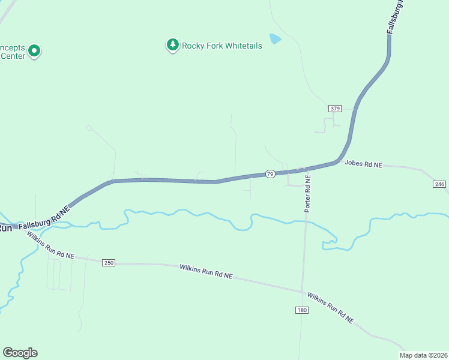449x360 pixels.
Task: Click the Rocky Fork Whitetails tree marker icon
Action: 173,45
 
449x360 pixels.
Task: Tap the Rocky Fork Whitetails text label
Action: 222,46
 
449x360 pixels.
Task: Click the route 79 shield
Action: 271,173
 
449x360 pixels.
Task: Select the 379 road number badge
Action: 335,109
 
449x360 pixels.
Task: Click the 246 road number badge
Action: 438,184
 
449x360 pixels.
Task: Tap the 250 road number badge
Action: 108,263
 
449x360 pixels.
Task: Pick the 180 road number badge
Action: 301,310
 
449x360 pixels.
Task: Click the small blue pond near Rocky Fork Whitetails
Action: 275,39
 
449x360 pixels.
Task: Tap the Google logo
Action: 20,353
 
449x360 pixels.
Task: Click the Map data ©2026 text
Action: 424,355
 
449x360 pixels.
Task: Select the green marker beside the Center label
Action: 34,51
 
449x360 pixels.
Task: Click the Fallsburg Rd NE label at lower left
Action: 44,218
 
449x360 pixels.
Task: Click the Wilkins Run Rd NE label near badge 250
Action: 50,247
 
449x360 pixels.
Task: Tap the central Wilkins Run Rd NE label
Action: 206,271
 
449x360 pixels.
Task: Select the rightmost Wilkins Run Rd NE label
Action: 330,308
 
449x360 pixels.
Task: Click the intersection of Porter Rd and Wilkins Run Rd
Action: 303,292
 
